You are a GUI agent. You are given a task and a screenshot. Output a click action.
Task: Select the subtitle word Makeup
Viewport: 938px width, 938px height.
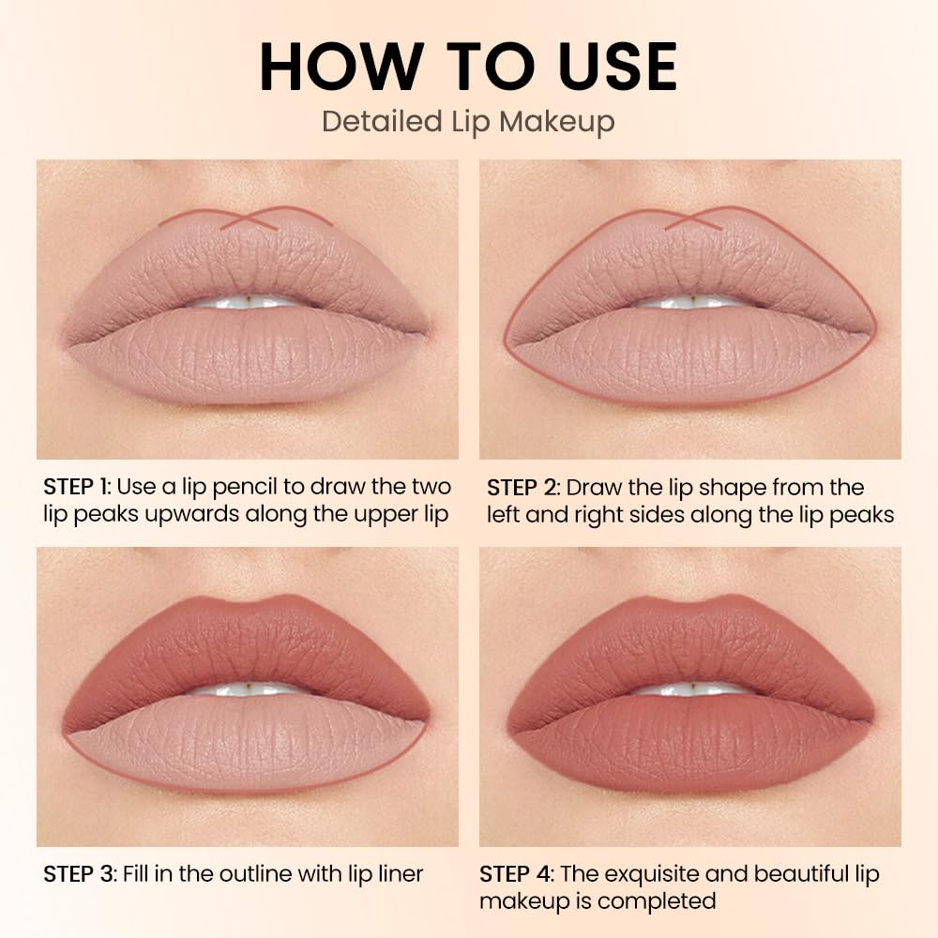(x=557, y=123)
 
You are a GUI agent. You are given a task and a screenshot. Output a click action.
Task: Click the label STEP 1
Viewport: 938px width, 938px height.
(x=77, y=487)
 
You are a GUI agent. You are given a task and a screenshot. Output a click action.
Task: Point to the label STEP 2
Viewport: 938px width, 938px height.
(x=522, y=488)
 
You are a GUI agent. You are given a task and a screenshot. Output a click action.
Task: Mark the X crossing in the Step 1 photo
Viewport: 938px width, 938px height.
(x=249, y=219)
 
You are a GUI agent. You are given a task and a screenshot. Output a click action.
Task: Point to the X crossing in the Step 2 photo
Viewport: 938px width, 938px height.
(x=693, y=219)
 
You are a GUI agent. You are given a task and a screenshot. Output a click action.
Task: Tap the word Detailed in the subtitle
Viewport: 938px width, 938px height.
(x=382, y=121)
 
